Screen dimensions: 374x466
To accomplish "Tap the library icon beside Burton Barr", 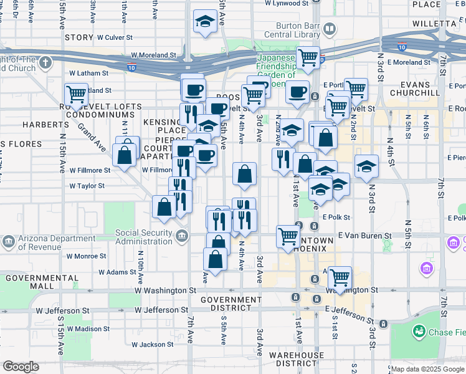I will point(329,29).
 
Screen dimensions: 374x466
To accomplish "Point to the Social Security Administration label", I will point(143,237).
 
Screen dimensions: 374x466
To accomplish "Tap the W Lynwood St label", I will point(286,3).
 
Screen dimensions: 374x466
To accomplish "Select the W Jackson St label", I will point(153,344).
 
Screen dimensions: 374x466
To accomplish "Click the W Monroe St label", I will point(85,256).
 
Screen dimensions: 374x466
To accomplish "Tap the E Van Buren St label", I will point(364,236).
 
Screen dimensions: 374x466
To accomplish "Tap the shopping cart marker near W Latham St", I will point(76,95).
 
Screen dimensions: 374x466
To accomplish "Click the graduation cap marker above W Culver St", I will point(204,21).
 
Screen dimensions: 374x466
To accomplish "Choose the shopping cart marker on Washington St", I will point(340,277).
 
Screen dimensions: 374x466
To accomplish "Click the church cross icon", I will point(45,63).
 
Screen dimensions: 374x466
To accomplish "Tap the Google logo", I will point(21,367).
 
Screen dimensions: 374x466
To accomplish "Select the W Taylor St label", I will point(87,186).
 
